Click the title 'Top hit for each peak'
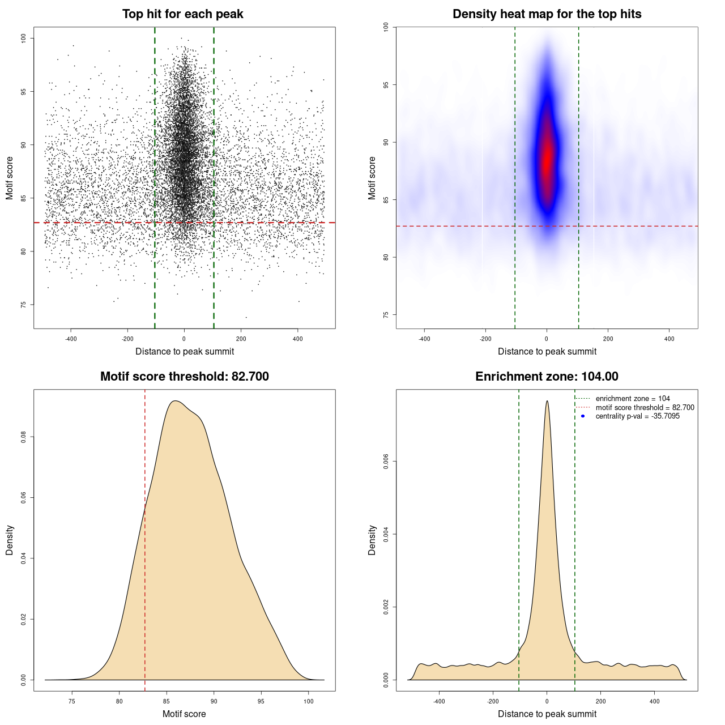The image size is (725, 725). [x=183, y=14]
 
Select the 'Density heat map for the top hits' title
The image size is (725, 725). [x=547, y=14]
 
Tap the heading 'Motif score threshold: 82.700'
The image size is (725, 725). [x=184, y=377]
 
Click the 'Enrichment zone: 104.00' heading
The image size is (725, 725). [x=547, y=377]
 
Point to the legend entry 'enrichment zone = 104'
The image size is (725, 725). [x=633, y=399]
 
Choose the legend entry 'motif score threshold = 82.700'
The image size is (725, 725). [x=645, y=407]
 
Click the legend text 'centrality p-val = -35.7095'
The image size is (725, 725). [x=637, y=416]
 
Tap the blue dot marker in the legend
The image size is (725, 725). [x=583, y=416]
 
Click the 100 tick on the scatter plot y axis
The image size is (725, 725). [x=24, y=38]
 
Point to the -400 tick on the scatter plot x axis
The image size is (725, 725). [x=71, y=339]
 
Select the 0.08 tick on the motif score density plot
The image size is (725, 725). [x=24, y=437]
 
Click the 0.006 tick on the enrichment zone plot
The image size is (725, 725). [x=386, y=462]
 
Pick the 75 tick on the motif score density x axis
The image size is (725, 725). [x=72, y=701]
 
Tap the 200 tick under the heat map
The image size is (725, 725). [x=608, y=339]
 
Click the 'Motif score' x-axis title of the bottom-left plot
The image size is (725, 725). [x=184, y=714]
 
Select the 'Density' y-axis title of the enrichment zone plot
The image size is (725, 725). [x=372, y=540]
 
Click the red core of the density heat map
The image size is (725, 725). [x=547, y=161]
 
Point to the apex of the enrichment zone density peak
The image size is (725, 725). [x=547, y=402]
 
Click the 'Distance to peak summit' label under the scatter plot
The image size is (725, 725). [x=185, y=351]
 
